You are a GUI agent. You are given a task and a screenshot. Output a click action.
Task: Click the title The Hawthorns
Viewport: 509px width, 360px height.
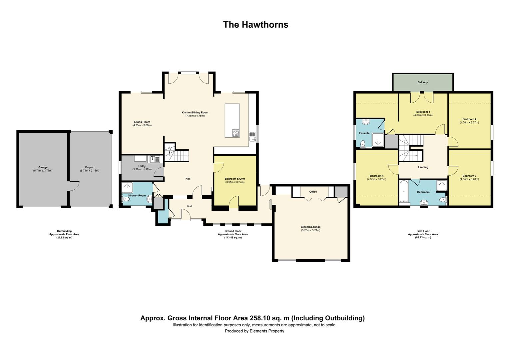(255, 25)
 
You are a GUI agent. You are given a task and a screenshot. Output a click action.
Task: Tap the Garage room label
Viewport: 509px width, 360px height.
(43, 167)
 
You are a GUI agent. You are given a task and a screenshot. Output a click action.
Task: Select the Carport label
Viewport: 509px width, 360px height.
(90, 167)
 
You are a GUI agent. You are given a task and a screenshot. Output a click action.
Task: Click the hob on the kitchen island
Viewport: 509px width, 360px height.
(236, 133)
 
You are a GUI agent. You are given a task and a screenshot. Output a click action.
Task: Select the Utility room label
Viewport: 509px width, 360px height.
(142, 166)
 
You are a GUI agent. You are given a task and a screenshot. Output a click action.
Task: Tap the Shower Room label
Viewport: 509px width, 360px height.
(137, 195)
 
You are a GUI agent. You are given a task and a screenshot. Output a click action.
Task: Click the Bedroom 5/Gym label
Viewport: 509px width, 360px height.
(235, 179)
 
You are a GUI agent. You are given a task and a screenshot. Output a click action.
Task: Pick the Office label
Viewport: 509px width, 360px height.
(313, 192)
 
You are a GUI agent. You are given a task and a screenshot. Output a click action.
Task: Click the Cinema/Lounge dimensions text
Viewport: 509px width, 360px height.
(310, 230)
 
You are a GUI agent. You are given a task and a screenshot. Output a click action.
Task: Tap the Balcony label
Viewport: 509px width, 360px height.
(423, 82)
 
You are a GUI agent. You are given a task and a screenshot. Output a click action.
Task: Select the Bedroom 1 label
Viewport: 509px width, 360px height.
(423, 112)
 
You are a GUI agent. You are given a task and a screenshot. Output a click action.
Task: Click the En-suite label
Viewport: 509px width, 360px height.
(364, 133)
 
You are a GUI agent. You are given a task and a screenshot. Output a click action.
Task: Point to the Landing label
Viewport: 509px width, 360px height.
(423, 167)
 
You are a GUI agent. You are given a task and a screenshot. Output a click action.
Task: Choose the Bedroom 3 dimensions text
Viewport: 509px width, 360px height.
(469, 179)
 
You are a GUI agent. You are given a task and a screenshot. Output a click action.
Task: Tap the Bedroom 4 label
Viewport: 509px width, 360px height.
(376, 176)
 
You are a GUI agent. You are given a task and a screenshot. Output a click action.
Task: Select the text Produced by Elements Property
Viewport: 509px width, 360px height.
(254, 331)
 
